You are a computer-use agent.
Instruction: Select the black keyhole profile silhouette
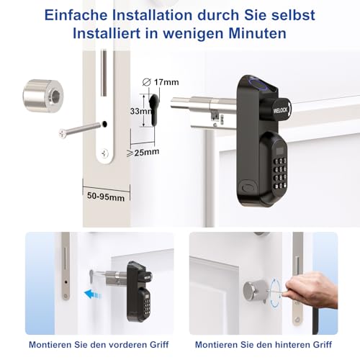(153, 112)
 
